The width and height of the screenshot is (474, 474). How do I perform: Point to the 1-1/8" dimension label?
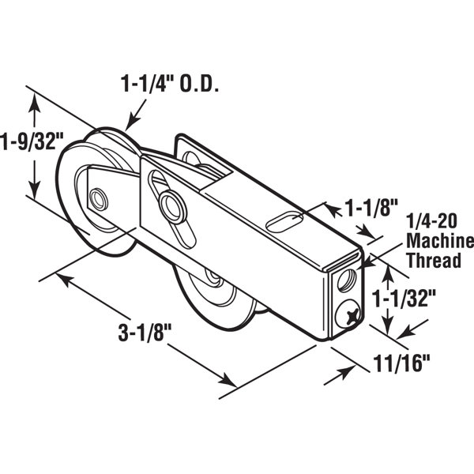tap(371, 209)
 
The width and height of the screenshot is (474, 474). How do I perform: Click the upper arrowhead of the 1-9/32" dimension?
tap(34, 99)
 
